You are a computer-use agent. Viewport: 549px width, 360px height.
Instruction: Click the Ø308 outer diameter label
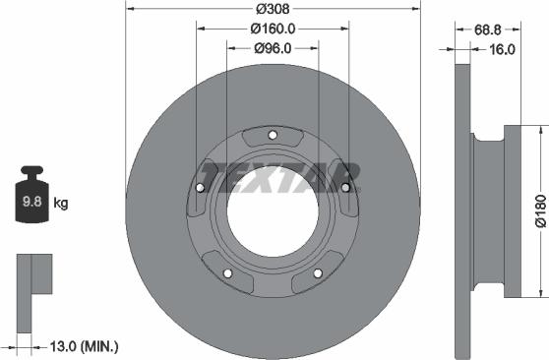click(273, 9)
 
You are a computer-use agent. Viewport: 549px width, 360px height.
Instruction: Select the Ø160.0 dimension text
click(273, 29)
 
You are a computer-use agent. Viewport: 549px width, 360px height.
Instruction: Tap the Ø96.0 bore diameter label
click(273, 48)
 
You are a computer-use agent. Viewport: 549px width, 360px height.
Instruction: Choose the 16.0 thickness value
click(502, 48)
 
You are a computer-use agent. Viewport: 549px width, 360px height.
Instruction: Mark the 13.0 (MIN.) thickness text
click(84, 345)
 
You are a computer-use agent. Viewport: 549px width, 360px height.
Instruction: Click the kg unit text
click(61, 205)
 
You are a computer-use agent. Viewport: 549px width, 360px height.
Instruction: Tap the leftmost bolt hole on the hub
click(201, 188)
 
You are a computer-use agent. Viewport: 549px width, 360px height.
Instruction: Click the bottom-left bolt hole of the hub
click(227, 272)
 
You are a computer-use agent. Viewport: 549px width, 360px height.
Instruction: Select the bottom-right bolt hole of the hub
click(318, 272)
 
